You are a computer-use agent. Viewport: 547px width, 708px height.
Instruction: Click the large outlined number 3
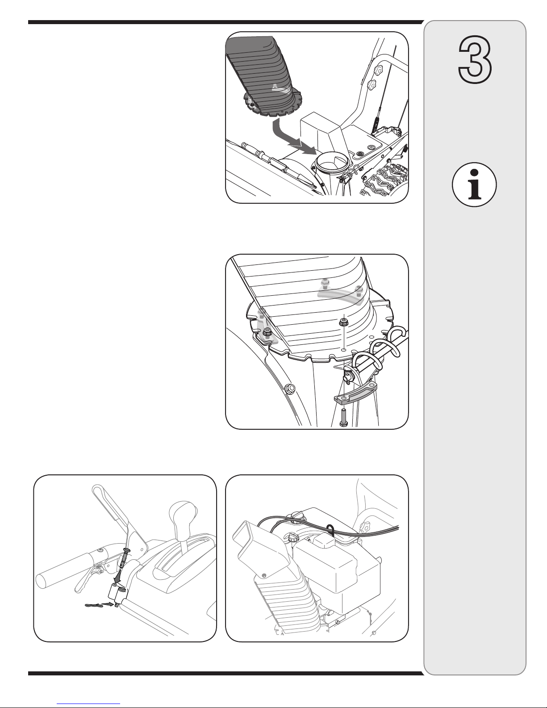pos(475,59)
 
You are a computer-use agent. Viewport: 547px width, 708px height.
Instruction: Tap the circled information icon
pos(474,184)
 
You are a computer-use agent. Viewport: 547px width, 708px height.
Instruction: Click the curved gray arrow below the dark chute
pos(292,137)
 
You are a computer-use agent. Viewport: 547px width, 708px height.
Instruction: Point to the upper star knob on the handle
pos(379,69)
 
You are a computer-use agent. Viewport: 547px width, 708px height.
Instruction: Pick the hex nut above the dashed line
pos(343,322)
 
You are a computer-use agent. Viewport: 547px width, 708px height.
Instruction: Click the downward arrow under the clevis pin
pos(117,579)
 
